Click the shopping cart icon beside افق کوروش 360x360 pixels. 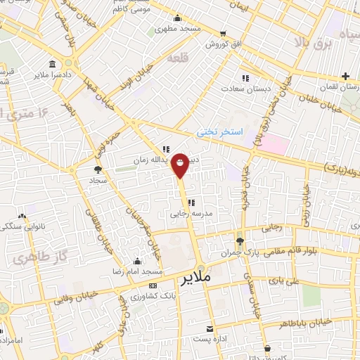(x=224, y=33)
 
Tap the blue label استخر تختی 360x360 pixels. (x=218, y=131)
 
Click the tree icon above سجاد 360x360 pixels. (x=98, y=169)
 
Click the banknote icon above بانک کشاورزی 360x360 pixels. (x=153, y=285)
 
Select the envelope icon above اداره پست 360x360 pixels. (x=209, y=329)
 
